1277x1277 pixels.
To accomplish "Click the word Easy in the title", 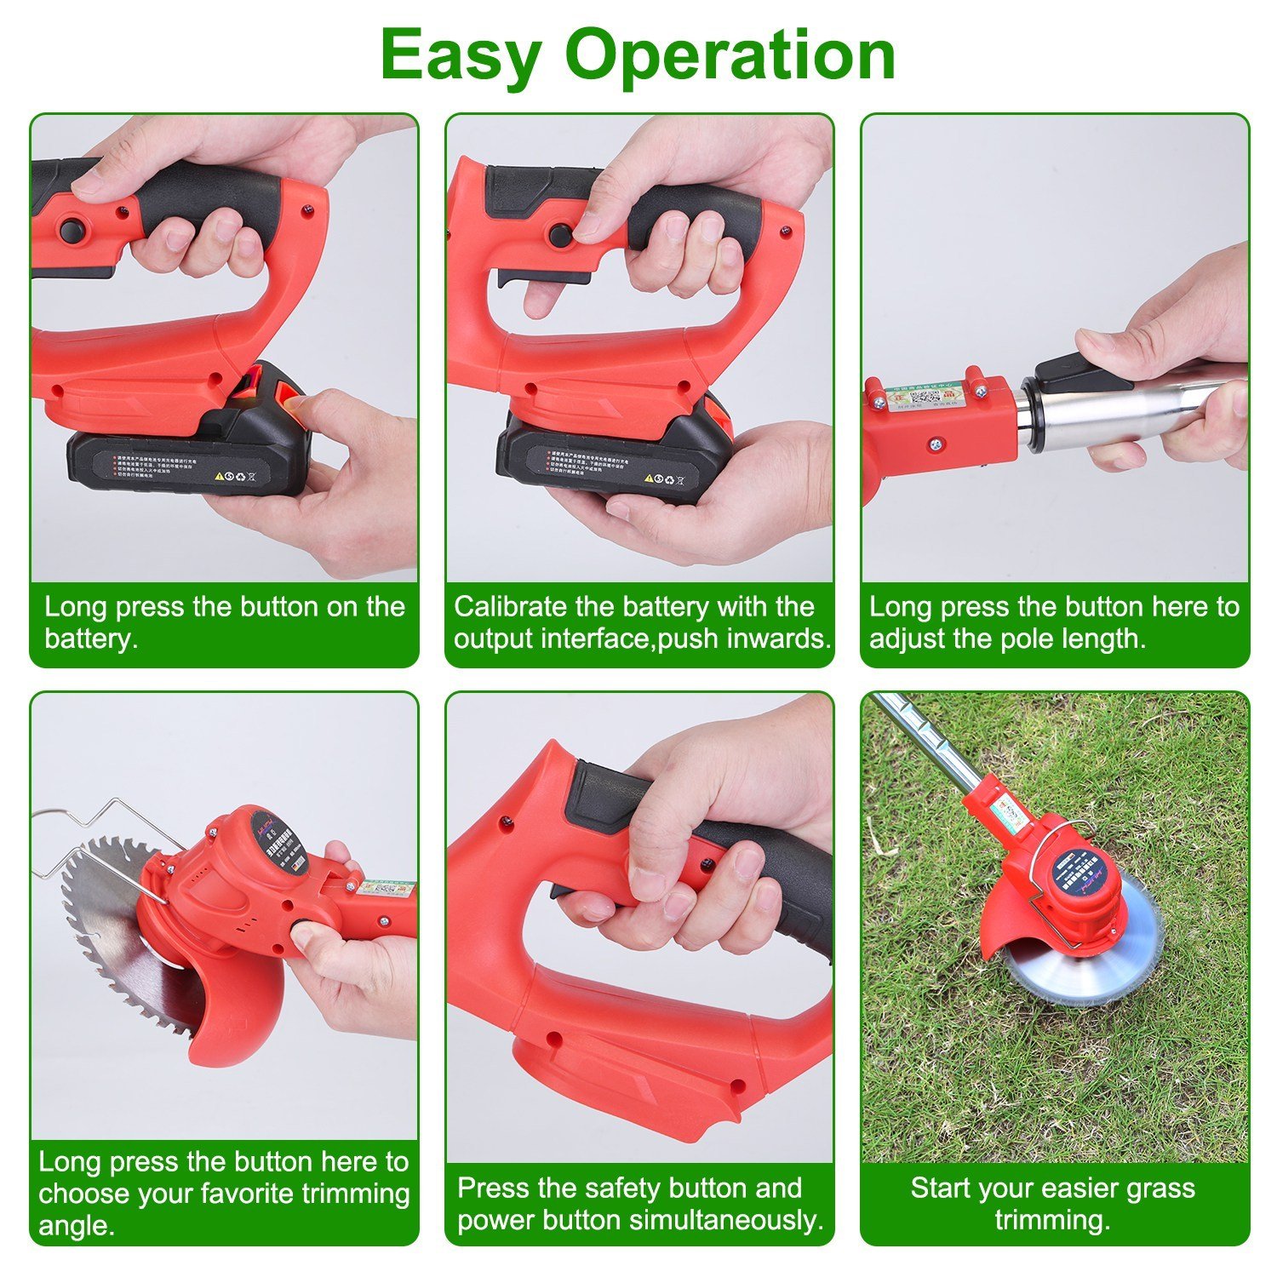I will [461, 55].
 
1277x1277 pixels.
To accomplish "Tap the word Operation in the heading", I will [730, 55].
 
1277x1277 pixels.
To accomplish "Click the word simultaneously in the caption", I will [732, 1220].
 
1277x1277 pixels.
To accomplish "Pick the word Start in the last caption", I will [942, 1188].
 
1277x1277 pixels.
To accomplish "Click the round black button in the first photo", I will [72, 231].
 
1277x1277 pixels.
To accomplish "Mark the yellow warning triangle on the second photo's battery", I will [649, 479].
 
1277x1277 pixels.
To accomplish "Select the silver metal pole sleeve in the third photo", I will [1124, 413].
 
